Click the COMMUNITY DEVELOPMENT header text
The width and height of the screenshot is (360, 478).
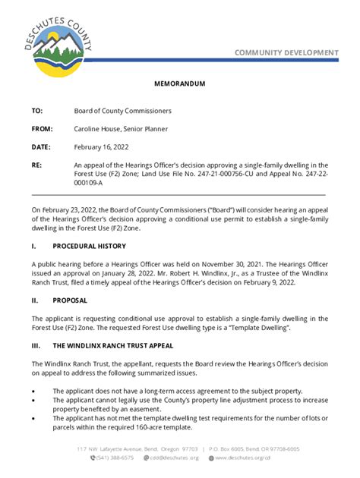[x=286, y=52]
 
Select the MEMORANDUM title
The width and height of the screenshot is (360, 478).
[x=180, y=84]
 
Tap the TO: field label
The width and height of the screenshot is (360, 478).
[x=37, y=111]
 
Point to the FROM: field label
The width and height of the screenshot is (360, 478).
[x=42, y=129]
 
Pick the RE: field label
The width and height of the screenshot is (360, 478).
[x=36, y=165]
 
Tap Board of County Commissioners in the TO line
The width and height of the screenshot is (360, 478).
[x=122, y=111]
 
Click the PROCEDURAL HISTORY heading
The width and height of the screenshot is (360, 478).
[x=89, y=247]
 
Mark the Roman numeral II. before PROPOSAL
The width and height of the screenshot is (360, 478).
[x=35, y=300]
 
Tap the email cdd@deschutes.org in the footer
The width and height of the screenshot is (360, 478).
[x=174, y=458]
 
